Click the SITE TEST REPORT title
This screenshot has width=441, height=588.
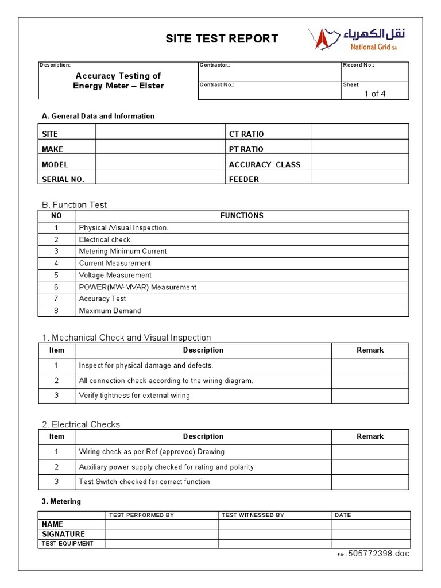coord(222,38)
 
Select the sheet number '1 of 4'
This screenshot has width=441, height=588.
coord(374,94)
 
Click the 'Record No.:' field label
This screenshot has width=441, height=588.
coord(358,65)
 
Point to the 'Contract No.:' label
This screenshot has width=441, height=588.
coord(216,84)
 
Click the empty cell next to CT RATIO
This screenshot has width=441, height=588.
coord(360,134)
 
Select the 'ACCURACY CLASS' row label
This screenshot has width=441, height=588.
coord(264,164)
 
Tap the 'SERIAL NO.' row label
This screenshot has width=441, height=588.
coord(63,179)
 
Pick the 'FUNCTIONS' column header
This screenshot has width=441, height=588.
coord(242,215)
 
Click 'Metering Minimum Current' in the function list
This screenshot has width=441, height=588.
coord(123,251)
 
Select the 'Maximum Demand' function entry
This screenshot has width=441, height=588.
coord(110,311)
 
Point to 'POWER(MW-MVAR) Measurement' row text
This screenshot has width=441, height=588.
coord(137,287)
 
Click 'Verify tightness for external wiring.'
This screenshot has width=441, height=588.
coord(135,395)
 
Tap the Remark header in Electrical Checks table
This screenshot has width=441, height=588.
coord(370,436)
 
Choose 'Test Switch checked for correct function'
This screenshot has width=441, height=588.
coord(144,482)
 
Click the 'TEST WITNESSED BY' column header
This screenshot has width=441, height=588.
coord(253,515)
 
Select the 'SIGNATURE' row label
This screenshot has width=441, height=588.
coord(63,534)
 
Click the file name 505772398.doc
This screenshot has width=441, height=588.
coord(378,554)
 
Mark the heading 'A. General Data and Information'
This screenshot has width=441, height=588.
coord(98,116)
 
